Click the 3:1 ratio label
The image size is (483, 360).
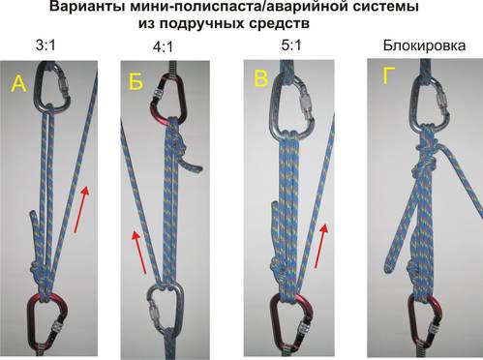pos(45,45)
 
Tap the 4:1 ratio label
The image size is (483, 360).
pos(163,47)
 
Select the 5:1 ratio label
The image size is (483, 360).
pos(291,45)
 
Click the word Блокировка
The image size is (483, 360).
pos(424,45)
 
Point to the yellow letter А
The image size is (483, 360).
pos(18,84)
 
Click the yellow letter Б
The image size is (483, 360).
pos(136,81)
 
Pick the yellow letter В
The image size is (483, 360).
pos(261,78)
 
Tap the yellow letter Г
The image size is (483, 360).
pos(389,76)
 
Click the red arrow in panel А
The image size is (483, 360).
pos(81,209)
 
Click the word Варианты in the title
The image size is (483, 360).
pos(85,7)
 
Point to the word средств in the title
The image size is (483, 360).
pos(280,23)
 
